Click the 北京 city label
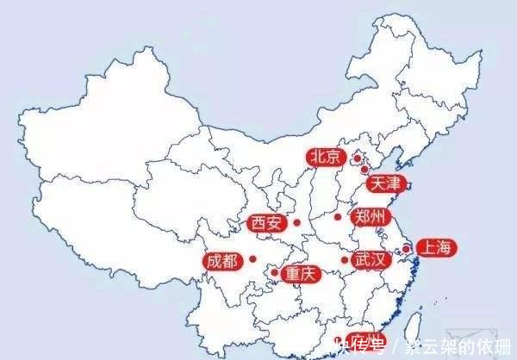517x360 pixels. click(326, 157)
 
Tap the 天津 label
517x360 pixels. click(383, 183)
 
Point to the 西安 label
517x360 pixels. click(266, 223)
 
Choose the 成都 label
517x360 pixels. click(222, 260)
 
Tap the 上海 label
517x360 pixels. click(434, 248)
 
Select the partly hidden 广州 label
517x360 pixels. click(365, 339)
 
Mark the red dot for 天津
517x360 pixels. click(364, 170)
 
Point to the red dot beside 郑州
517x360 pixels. click(338, 216)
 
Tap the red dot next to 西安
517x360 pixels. click(296, 222)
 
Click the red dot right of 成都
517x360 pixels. click(252, 258)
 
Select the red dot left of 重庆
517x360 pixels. click(274, 273)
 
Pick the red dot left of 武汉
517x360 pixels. click(344, 259)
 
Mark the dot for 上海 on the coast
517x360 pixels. click(407, 249)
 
